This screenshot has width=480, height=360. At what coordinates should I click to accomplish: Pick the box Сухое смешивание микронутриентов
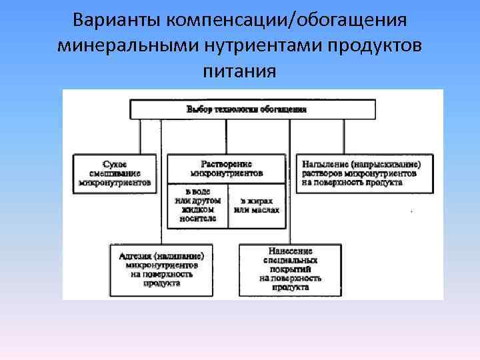tap(115, 173)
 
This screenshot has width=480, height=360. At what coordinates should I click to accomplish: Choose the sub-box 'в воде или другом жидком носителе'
tap(197, 205)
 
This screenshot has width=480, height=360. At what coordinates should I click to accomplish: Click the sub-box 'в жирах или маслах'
tap(256, 205)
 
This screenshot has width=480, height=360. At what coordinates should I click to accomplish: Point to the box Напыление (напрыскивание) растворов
tap(364, 173)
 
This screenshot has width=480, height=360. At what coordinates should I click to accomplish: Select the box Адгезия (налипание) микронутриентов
tap(161, 269)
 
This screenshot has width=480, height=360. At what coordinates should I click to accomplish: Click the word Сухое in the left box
tap(115, 164)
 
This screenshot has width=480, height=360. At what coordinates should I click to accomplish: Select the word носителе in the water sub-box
tap(197, 219)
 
